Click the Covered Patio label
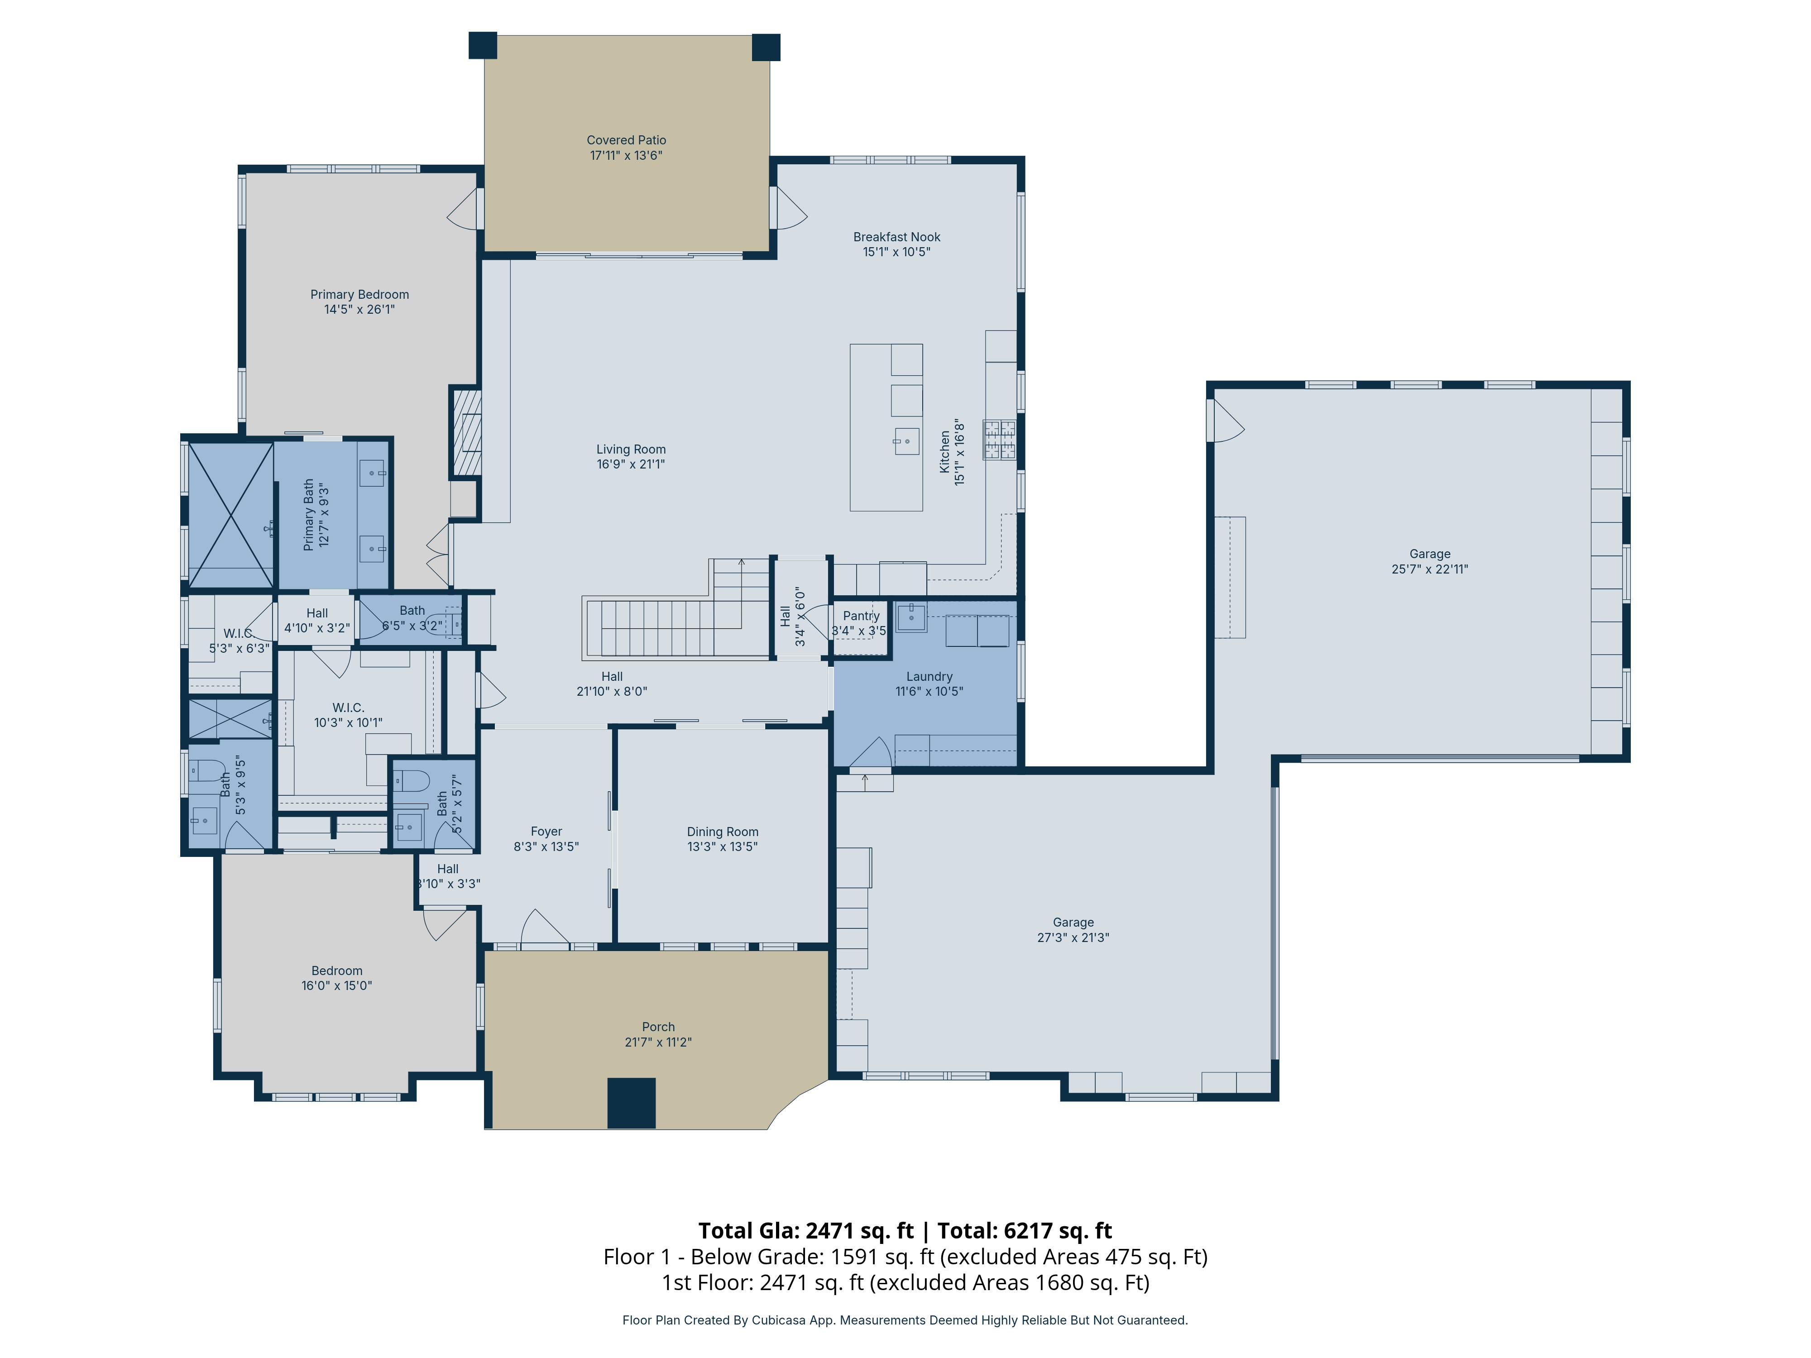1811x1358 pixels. pos(626,140)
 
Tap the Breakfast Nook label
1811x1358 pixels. pos(896,237)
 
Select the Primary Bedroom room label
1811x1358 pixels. pos(359,295)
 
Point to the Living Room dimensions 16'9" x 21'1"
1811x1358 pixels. pos(630,464)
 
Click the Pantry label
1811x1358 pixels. pos(861,616)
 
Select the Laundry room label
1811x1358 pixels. pos(929,676)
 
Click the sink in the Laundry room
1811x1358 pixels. pos(911,617)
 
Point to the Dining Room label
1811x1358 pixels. pos(722,832)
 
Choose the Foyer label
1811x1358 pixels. pos(546,832)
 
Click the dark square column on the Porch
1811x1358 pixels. pos(631,1104)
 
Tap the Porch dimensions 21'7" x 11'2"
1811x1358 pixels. pos(658,1042)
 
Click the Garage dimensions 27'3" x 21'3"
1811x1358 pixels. pos(1073,937)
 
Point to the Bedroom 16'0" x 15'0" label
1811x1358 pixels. pos(336,978)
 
